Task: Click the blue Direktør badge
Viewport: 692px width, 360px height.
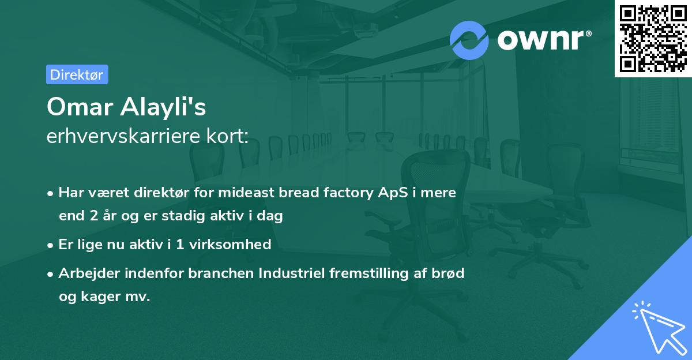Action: pos(77,74)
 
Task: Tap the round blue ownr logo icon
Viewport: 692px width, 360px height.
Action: pos(469,40)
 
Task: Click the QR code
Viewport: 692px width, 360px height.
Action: pos(653,39)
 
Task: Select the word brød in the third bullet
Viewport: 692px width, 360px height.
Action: pos(450,273)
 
